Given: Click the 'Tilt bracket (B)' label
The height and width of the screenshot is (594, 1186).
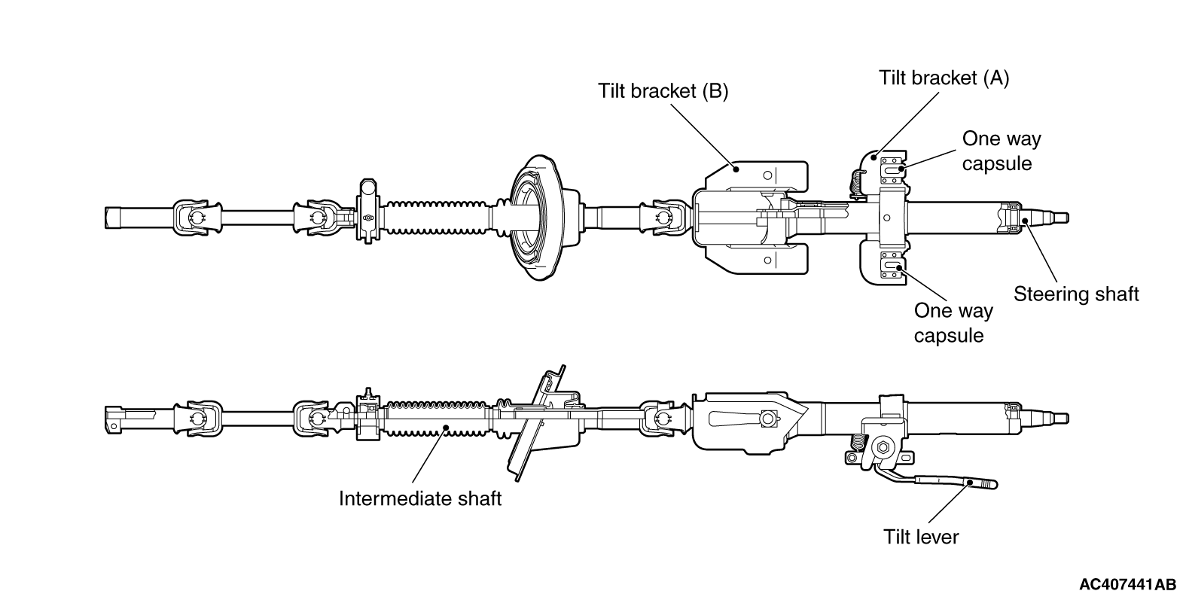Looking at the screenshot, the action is [663, 91].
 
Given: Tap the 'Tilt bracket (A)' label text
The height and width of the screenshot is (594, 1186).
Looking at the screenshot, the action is [944, 78].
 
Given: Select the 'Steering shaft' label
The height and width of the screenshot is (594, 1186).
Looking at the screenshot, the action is [1076, 294].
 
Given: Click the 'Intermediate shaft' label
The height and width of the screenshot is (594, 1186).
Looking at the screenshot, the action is [420, 498].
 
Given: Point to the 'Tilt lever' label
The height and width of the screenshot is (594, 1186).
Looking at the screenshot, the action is [921, 538].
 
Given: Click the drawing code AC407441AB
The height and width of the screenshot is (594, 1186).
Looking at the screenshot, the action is [1127, 584].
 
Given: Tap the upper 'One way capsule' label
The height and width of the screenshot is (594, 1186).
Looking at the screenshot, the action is [1002, 151].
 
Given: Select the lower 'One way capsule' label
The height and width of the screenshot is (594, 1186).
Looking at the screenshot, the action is [953, 323].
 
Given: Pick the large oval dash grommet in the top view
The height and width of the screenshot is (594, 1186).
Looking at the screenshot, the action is [536, 218].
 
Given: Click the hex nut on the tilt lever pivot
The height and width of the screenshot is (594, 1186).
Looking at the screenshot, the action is [882, 448].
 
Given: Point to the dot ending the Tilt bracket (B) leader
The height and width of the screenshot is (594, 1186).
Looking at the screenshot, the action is [736, 169].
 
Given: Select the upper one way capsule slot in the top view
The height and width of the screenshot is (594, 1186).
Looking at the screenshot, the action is [892, 169].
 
